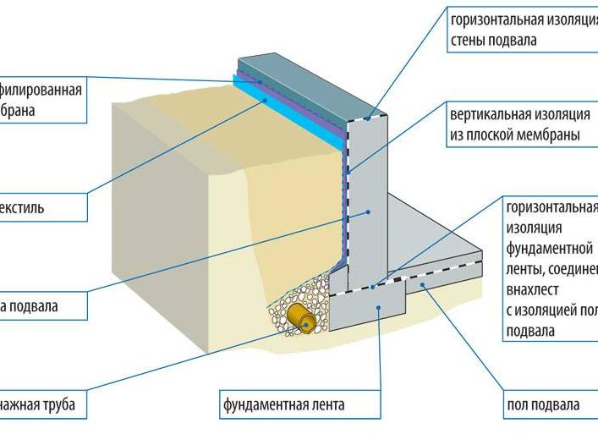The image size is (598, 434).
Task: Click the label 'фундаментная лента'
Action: pos(283,404)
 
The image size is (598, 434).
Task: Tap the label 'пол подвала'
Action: pos(543,404)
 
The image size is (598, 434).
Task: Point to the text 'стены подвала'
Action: pos(493,41)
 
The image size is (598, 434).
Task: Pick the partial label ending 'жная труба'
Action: pos(38,404)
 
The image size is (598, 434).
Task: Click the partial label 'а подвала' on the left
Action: pos(30,305)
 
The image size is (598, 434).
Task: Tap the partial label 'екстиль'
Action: pos(23,207)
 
